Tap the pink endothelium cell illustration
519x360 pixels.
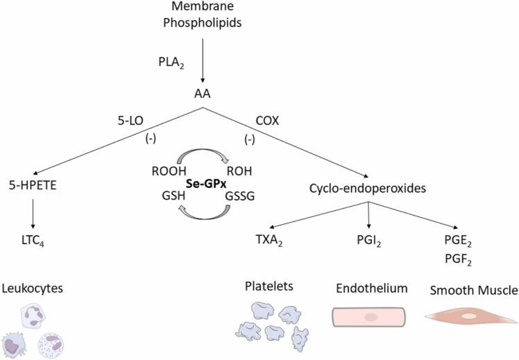click(369, 316)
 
